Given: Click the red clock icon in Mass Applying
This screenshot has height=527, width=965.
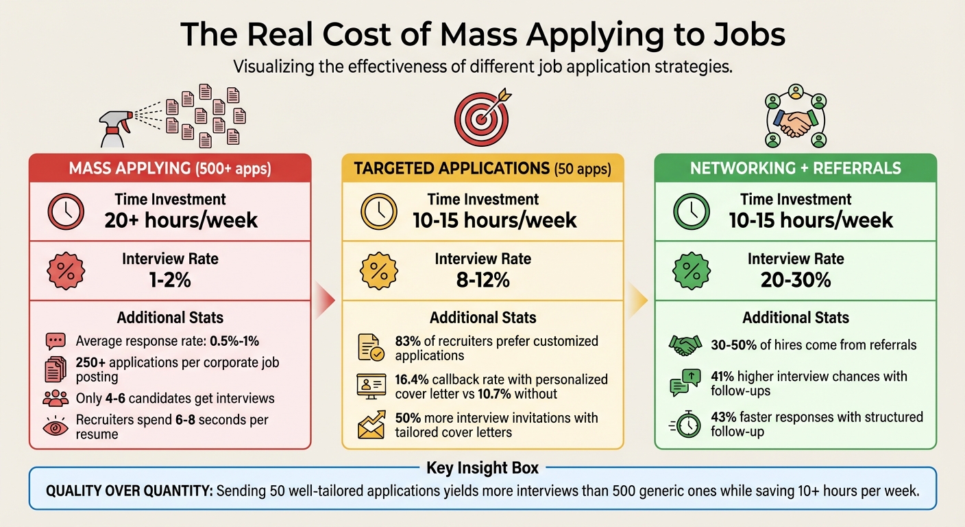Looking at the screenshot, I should coord(66,211).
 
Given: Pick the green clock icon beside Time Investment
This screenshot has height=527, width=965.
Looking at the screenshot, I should coord(692,211).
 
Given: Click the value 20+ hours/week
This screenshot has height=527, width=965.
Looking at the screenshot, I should coord(181,220).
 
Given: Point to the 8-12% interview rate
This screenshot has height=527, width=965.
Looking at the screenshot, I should coord(483,280).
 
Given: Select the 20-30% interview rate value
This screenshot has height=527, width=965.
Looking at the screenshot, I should coord(795,280).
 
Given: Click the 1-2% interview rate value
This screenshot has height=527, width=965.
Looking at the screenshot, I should coord(170,280).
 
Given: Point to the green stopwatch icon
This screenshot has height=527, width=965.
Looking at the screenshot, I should coord(685,425).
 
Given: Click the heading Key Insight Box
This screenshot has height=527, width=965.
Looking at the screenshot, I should coord(483,469).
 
